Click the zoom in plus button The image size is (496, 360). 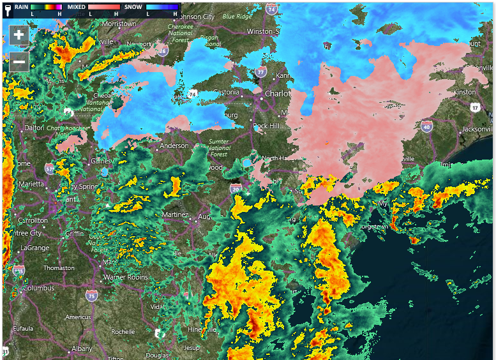pos(19,35)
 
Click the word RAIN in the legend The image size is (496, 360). pos(21,6)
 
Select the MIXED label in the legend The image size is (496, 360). pos(77,6)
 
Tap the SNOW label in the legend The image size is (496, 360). pos(133,6)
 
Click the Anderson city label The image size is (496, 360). pos(174,146)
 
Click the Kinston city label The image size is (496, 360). pos(464,92)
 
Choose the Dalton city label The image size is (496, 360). pos(34,128)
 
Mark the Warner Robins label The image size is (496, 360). pos(126,277)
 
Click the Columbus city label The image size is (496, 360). pos(39,288)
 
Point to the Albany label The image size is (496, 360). pos(81,349)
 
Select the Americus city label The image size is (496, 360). pos(78,317)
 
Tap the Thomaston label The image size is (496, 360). pos(59,268)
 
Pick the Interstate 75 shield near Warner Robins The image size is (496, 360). pos(92,296)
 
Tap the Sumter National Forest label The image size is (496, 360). pos(219,147)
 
